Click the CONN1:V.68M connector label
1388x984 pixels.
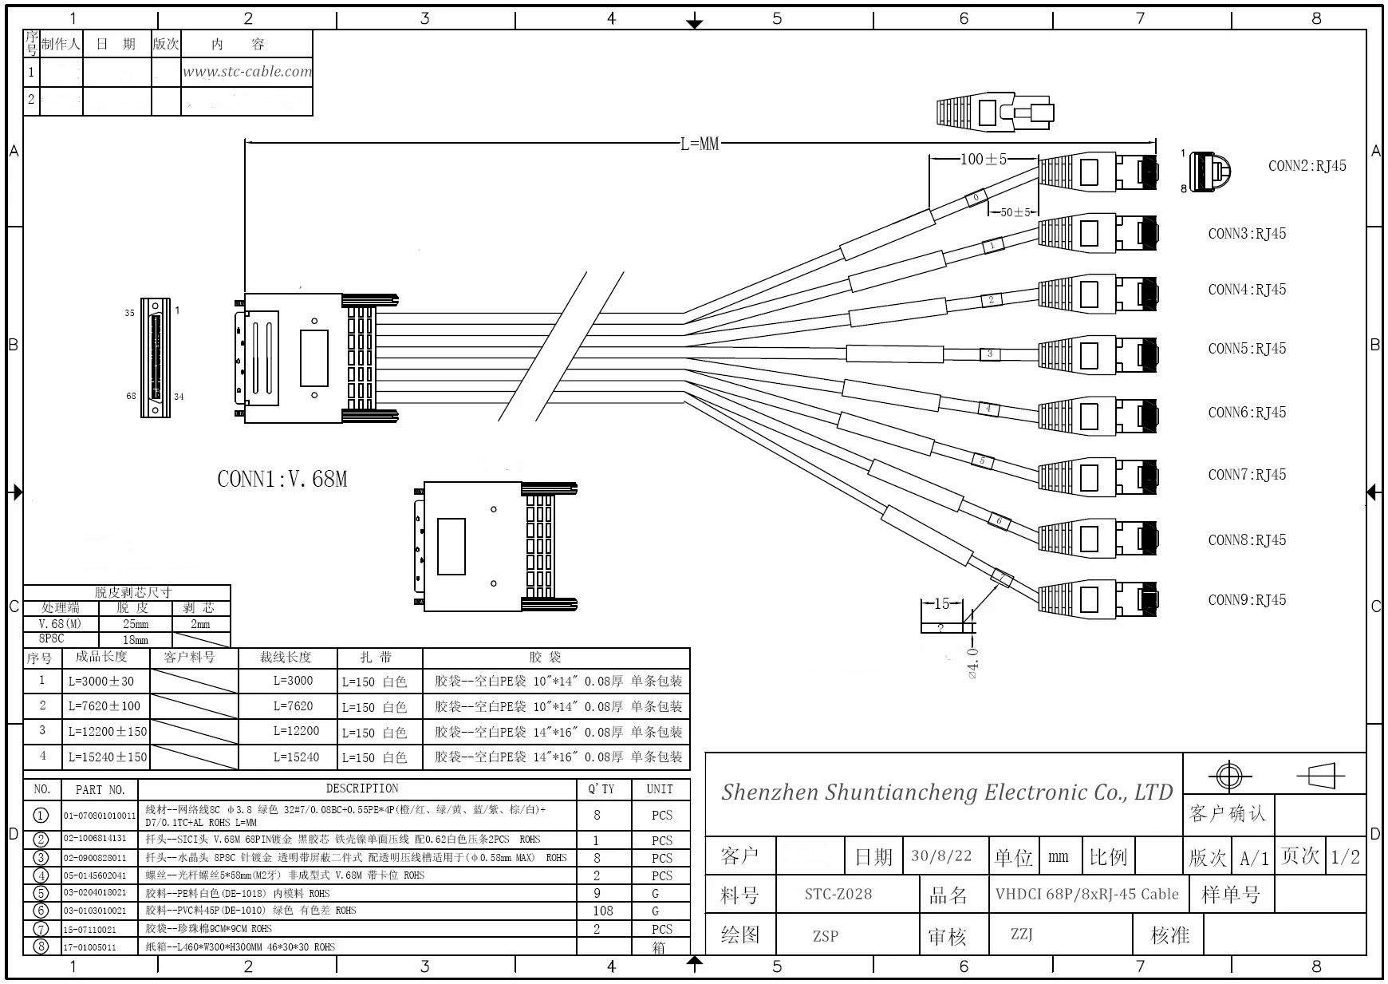click(282, 479)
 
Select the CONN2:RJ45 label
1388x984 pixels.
click(1307, 166)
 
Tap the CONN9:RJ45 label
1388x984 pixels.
click(1247, 600)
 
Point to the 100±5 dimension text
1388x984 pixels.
click(984, 159)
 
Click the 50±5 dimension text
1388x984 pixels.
click(1015, 212)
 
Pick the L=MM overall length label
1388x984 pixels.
click(700, 144)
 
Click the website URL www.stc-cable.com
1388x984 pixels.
click(247, 72)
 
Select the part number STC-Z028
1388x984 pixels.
click(838, 894)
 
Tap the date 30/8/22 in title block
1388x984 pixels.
click(941, 856)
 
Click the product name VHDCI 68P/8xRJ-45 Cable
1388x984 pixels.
click(1086, 894)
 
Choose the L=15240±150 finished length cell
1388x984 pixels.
click(108, 757)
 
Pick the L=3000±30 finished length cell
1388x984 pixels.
click(101, 681)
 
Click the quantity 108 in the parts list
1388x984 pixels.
click(603, 911)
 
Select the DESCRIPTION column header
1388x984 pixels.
click(362, 788)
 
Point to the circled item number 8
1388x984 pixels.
click(41, 946)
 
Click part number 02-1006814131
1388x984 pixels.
click(95, 839)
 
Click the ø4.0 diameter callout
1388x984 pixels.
click(972, 663)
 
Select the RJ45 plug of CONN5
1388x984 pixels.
click(1098, 354)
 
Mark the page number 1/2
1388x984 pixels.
click(1345, 856)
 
